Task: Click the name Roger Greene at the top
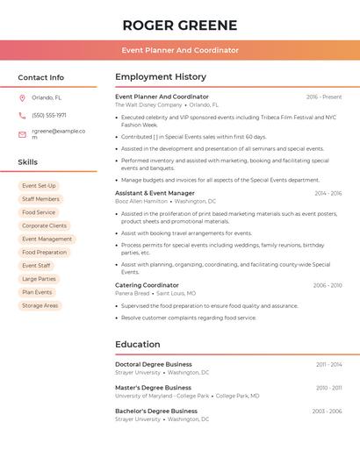[180, 25]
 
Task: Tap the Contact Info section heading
[40, 77]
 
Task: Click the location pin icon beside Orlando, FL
[22, 98]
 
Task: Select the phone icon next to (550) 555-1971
[22, 116]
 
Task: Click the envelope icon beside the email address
[22, 134]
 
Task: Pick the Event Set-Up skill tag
[39, 186]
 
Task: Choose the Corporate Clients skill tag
[44, 225]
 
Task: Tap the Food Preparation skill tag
[44, 253]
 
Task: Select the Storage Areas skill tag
[40, 305]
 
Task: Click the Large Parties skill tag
[39, 279]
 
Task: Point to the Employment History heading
[161, 77]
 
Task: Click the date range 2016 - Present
[324, 97]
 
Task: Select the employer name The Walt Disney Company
[148, 105]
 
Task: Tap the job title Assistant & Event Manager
[155, 193]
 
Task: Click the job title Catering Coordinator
[147, 285]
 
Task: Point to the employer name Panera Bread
[132, 293]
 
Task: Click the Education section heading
[138, 345]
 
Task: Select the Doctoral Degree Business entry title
[154, 364]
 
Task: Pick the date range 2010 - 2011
[329, 388]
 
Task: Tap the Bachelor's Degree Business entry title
[156, 411]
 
